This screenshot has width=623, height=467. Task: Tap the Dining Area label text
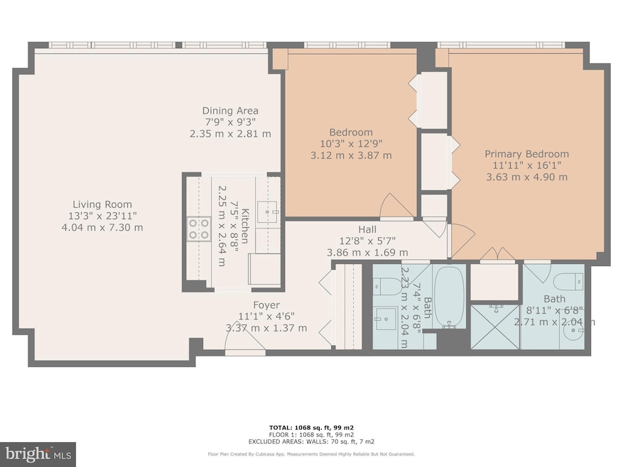coord(230,111)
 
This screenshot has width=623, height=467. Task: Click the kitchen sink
coord(267,211)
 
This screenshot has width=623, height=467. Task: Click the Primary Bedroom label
coord(526,153)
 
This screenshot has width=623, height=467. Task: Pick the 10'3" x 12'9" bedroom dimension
coord(350,144)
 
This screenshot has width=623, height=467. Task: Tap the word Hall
coord(367,229)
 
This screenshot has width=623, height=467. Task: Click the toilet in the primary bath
coord(570,280)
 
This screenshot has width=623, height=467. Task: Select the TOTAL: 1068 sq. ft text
coord(311,427)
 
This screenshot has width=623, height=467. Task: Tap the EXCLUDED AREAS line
coord(311,441)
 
